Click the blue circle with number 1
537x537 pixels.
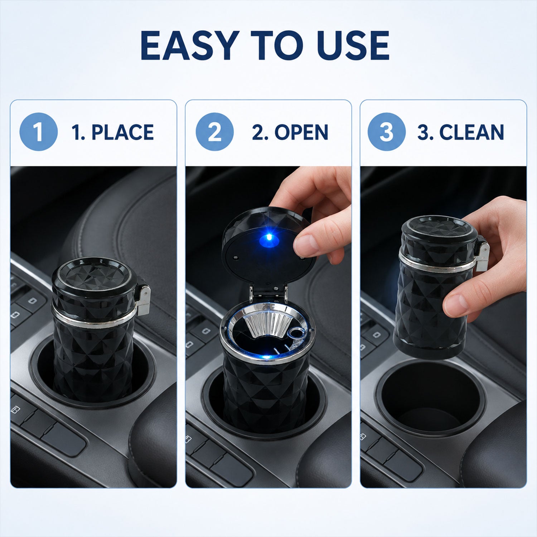38,132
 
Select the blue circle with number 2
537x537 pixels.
215,132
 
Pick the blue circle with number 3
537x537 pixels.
387,132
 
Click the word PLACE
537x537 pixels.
122,132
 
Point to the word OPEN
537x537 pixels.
301,132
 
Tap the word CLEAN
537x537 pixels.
472,132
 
